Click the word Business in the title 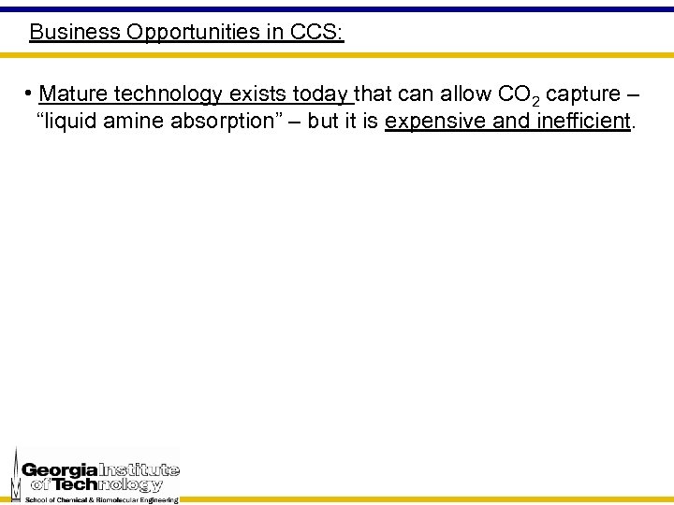click(75, 32)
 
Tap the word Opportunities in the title click(197, 32)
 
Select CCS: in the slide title click(316, 32)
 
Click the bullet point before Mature click(30, 94)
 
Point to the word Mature click(72, 94)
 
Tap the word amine click(141, 122)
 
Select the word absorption click(232, 122)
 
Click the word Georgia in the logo click(60, 469)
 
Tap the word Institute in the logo click(139, 469)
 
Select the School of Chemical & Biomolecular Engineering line click(101, 500)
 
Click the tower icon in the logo click(15, 475)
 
